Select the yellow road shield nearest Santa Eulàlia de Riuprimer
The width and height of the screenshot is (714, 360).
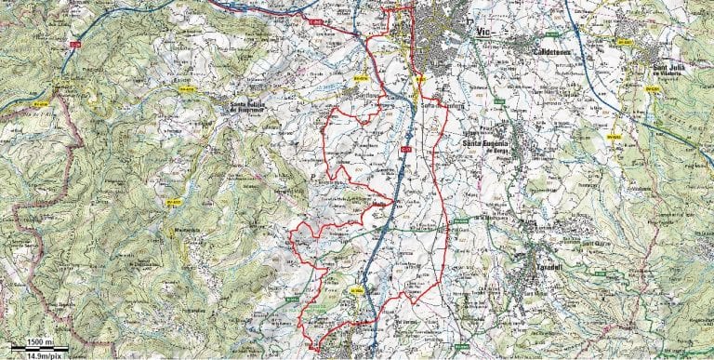(189, 90)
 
